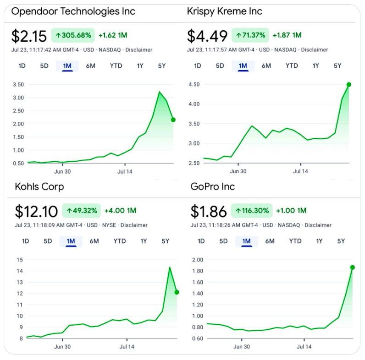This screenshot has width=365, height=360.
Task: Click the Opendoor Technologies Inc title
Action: pyautogui.click(x=73, y=11)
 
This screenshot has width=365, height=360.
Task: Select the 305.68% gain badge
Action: pyautogui.click(x=73, y=35)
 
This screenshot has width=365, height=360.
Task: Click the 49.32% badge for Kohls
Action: pyautogui.click(x=82, y=211)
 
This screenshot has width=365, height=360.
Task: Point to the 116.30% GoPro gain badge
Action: pyautogui.click(x=252, y=211)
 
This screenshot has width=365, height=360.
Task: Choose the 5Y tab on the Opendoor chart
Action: pyautogui.click(x=161, y=66)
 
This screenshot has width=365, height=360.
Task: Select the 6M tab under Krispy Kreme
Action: pyautogui.click(x=266, y=66)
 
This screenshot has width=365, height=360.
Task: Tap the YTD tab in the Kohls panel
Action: pyautogui.click(x=120, y=241)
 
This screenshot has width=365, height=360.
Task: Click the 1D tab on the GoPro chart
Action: pyautogui.click(x=201, y=241)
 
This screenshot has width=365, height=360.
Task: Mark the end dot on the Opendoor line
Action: pyautogui.click(x=173, y=120)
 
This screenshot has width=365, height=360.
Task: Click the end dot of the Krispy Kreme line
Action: pyautogui.click(x=349, y=84)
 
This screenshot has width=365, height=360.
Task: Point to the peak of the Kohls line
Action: pyautogui.click(x=170, y=267)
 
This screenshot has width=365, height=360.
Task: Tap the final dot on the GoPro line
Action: pyautogui.click(x=353, y=267)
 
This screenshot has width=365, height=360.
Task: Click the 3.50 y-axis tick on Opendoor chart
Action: pyautogui.click(x=18, y=84)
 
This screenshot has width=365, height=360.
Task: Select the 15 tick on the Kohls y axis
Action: pyautogui.click(x=19, y=260)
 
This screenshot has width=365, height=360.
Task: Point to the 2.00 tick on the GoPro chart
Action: pyautogui.click(x=197, y=260)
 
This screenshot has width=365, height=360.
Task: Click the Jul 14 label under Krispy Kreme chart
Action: pyautogui.click(x=300, y=171)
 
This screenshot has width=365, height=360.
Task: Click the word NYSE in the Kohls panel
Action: pyautogui.click(x=109, y=225)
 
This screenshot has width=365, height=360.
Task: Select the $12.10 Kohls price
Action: pyautogui.click(x=36, y=212)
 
